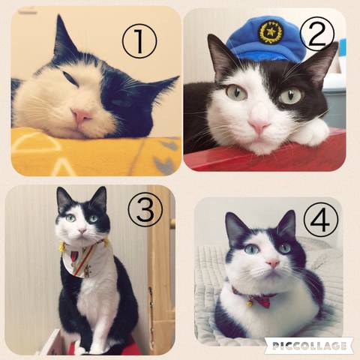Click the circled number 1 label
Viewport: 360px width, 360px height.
pos(139,40)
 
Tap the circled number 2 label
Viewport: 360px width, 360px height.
pos(316,34)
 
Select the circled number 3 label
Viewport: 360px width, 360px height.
pos(145,210)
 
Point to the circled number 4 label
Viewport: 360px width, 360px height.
pos(321,220)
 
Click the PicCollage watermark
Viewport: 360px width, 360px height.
pos(309,346)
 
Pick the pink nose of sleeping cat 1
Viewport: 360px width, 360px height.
pos(80,115)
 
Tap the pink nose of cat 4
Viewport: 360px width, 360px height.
pos(273,263)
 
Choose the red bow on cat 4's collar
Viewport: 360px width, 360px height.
pos(264,301)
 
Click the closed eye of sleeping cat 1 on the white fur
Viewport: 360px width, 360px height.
pos(70,78)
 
